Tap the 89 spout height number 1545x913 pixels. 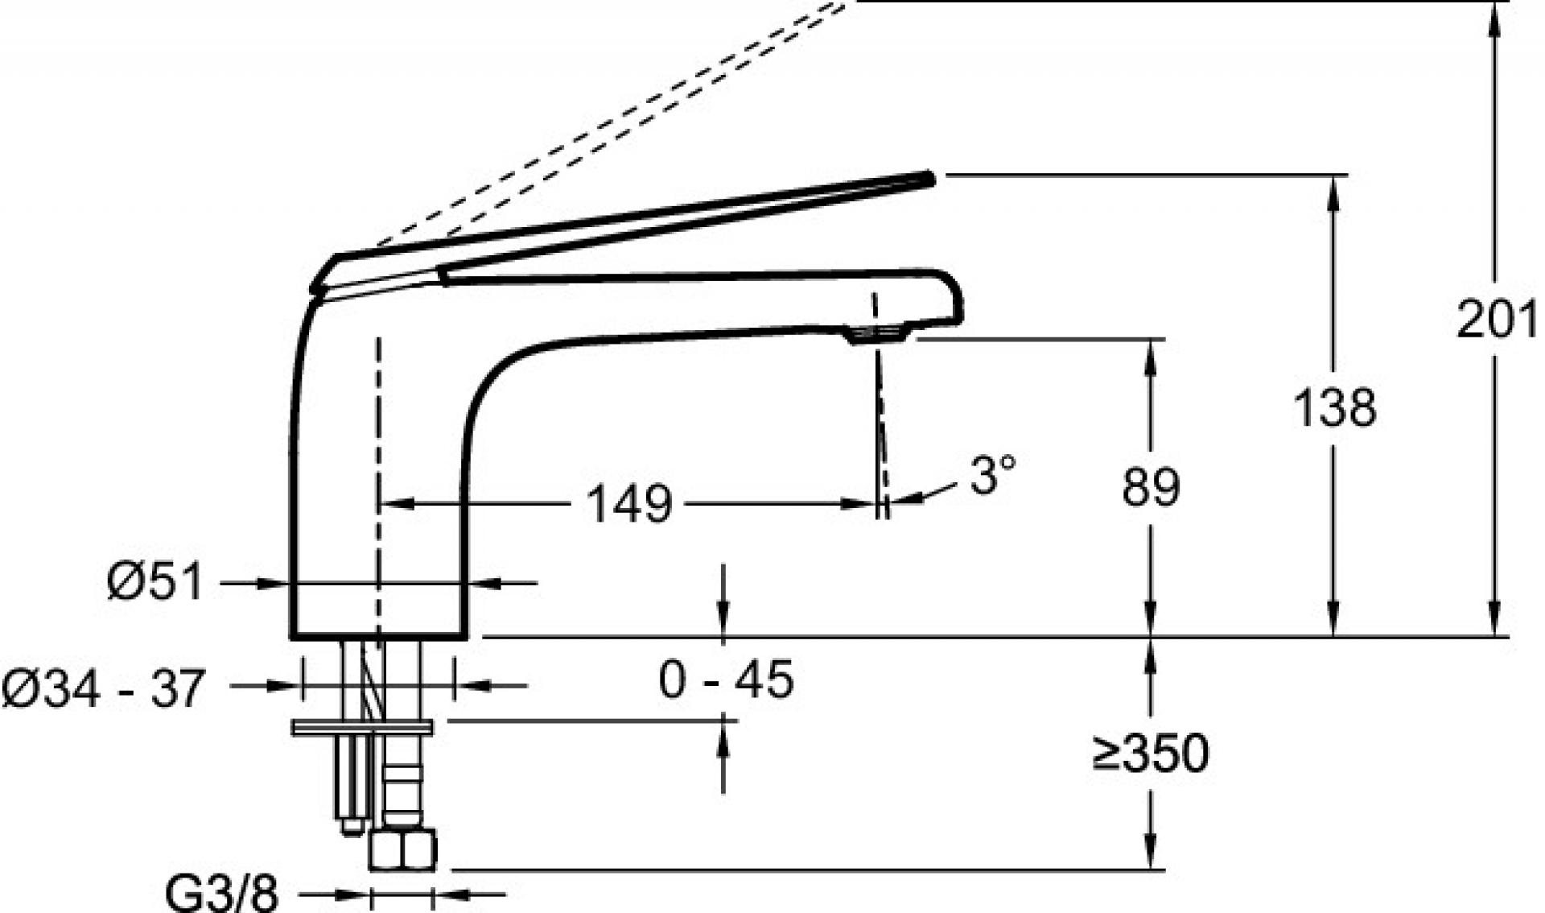pyautogui.click(x=1151, y=486)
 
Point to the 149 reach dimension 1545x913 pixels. pyautogui.click(x=629, y=505)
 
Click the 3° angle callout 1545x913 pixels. pyautogui.click(x=993, y=474)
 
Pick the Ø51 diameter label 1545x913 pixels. pyautogui.click(x=155, y=581)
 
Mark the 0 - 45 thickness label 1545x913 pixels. pyautogui.click(x=726, y=679)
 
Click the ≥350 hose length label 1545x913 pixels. pyautogui.click(x=1151, y=754)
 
